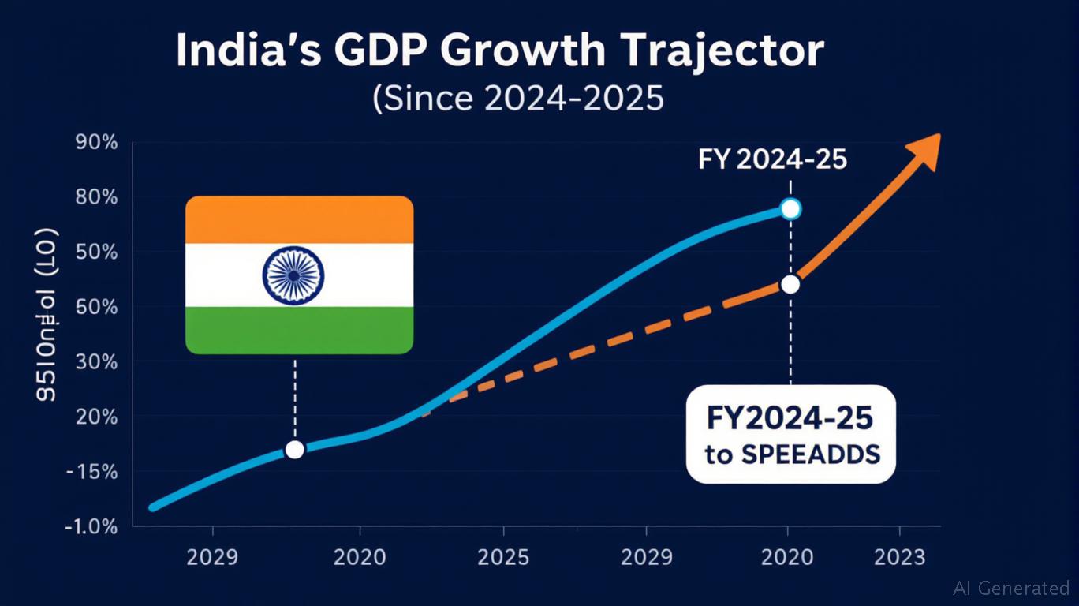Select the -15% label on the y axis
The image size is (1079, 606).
92,473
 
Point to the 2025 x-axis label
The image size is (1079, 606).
503,558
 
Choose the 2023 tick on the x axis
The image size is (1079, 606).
900,558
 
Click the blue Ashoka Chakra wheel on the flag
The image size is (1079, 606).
293,275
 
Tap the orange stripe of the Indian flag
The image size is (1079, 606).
299,219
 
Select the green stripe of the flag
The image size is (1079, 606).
299,330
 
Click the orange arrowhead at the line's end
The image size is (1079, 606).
924,151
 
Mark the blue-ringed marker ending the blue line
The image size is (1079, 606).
790,209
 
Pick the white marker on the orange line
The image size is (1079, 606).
790,284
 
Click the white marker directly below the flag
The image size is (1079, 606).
294,450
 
